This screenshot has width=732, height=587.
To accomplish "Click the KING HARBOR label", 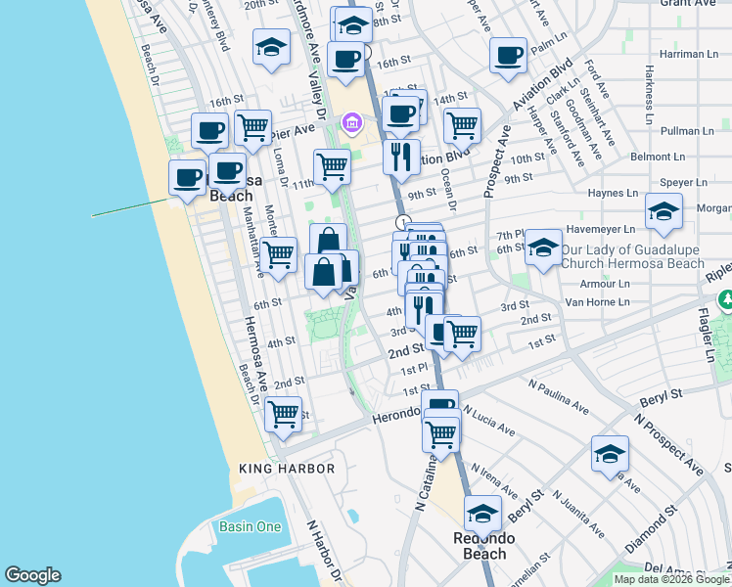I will [x=287, y=469].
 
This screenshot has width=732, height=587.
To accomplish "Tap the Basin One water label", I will [x=250, y=527].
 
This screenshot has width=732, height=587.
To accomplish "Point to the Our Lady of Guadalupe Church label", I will [x=632, y=256].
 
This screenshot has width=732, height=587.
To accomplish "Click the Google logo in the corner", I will [x=32, y=575].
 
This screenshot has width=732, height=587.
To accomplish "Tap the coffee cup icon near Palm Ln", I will [x=508, y=56].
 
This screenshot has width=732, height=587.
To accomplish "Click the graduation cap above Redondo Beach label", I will [x=482, y=512].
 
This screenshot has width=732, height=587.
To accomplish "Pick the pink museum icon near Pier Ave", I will [x=351, y=123].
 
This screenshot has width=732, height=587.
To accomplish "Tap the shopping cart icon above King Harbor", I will [x=284, y=413].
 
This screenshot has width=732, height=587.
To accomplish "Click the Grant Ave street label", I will [x=689, y=3].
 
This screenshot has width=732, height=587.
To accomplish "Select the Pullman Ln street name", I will [x=686, y=130].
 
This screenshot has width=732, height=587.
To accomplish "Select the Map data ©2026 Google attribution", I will [x=671, y=579].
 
